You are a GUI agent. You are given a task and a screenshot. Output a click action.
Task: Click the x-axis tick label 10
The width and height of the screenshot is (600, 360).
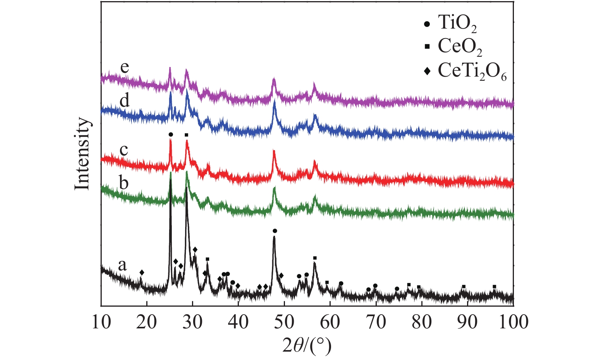[x=101, y=322]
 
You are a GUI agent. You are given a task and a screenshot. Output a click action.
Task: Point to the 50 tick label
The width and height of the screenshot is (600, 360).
[x=284, y=322]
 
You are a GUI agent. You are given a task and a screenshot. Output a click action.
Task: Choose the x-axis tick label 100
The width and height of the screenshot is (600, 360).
[x=513, y=322]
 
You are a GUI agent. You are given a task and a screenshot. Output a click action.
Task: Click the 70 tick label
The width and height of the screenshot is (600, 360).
[x=376, y=322]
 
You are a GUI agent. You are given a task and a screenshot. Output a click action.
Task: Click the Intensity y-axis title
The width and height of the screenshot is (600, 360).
[x=82, y=154]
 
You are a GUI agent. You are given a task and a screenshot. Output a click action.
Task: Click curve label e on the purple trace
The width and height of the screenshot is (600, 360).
[x=125, y=67]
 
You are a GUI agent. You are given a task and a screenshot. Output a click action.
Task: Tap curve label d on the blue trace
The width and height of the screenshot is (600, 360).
[x=125, y=101]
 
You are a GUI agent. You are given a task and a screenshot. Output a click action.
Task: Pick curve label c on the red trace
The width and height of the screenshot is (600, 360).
[x=124, y=150]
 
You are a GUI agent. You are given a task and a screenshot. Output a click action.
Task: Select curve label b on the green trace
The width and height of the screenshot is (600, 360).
[x=124, y=182]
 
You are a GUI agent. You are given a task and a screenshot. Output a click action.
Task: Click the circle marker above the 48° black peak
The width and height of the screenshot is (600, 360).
[x=275, y=231]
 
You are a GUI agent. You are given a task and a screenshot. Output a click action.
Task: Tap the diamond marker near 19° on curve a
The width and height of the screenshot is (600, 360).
[x=142, y=272]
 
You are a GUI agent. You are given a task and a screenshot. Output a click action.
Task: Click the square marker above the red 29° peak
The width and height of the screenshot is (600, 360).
[x=186, y=135]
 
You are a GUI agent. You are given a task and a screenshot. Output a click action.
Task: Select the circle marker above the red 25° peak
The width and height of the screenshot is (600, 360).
[x=171, y=134]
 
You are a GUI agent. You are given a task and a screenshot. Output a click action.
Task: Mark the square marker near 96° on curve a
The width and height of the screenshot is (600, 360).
[x=494, y=286]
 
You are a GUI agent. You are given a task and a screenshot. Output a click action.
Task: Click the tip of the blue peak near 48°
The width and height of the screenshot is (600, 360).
[x=274, y=102]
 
